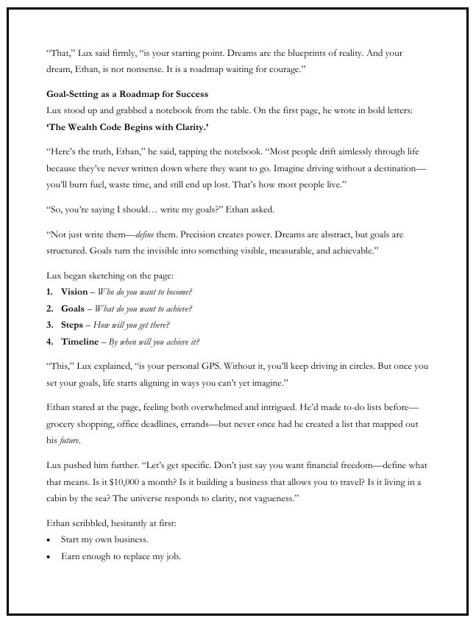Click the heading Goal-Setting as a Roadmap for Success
127,94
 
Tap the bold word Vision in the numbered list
74,292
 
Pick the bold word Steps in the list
72,325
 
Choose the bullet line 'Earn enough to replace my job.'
121,556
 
